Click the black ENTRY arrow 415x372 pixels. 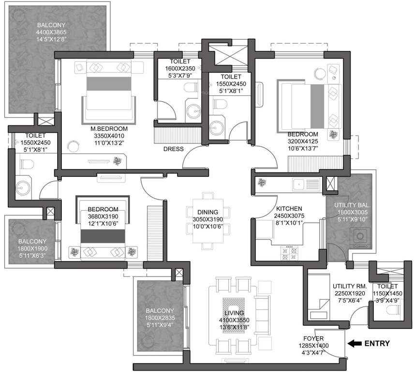coord(355,343)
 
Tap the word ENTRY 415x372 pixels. coord(377,343)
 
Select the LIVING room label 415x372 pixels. coord(234,313)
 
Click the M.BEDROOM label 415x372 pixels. coord(109,129)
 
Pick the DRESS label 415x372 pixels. coord(174,149)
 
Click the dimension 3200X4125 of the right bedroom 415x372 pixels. coord(302,141)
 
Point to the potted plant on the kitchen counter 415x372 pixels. coord(262,183)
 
